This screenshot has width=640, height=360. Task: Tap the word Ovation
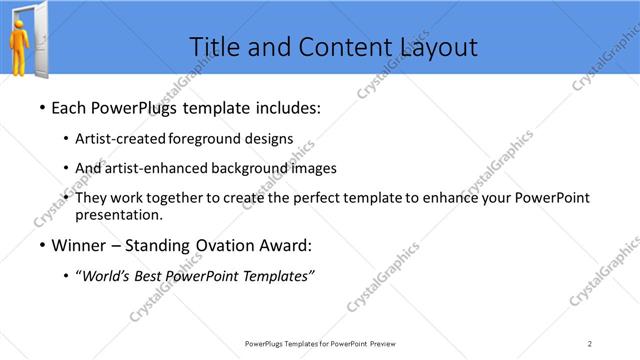pyautogui.click(x=224, y=245)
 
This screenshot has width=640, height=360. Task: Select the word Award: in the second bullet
pyautogui.click(x=286, y=245)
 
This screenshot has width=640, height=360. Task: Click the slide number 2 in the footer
pyautogui.click(x=590, y=344)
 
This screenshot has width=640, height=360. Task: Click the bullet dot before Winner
pyautogui.click(x=41, y=245)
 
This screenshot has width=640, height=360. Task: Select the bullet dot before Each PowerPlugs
pyautogui.click(x=41, y=107)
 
